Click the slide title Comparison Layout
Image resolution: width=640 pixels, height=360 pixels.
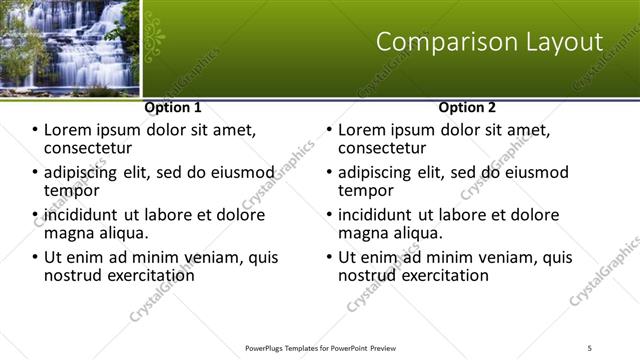489,42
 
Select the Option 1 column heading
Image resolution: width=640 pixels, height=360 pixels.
172,107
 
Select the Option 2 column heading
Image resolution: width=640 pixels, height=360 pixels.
466,107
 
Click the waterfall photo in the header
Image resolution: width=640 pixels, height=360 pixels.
69,46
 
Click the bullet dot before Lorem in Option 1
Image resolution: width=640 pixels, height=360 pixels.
34,130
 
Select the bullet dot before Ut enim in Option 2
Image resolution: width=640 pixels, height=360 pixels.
328,257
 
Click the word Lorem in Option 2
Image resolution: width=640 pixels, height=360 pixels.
362,130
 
